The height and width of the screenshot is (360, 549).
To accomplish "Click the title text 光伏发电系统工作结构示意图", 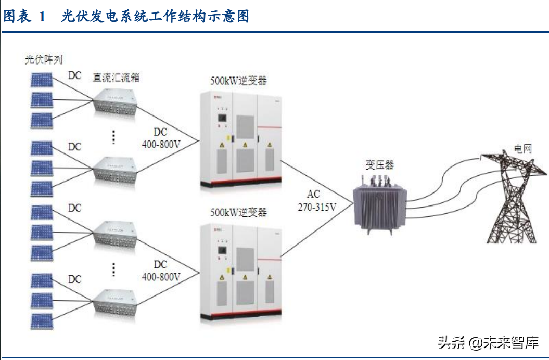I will pos(155,17).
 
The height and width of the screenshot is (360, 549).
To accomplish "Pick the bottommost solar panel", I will pos(41,319).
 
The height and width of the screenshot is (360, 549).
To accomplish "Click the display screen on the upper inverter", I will pos(222,118).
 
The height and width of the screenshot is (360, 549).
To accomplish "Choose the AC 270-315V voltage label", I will pos(314,200).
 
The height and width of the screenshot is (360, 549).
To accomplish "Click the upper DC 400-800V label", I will pos(161,138).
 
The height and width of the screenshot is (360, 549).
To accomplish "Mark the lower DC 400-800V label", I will pos(161,271).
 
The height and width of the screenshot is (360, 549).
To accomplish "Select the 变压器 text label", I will pos(379,165).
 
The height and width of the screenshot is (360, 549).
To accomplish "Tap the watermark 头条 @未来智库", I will pos(488,343).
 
